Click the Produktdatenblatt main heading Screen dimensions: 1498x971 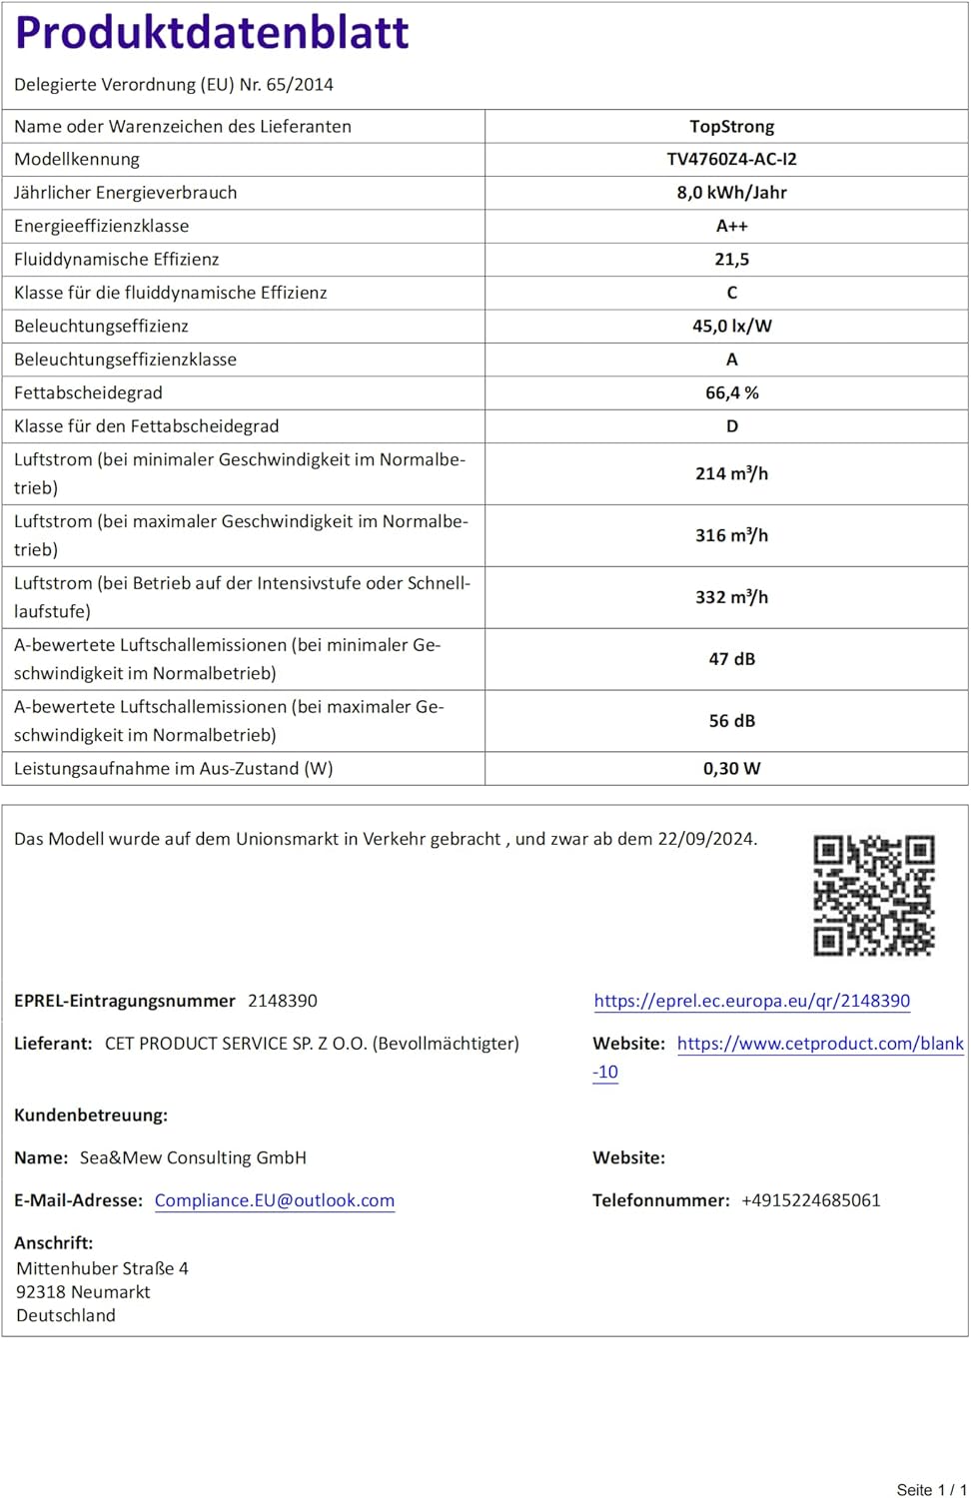[212, 33]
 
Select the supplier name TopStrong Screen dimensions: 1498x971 [731, 127]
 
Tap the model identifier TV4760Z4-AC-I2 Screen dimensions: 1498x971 [731, 160]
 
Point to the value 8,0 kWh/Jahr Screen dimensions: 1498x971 [731, 193]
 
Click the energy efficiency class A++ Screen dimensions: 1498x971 [731, 227]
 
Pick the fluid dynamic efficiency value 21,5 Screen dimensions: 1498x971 [731, 260]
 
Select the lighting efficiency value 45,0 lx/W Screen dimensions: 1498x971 [731, 327]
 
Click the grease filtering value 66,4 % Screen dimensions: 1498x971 [731, 393]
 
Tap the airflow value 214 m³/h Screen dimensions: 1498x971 [731, 473]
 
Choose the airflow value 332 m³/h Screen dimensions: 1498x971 [731, 597]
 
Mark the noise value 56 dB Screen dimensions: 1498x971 [731, 721]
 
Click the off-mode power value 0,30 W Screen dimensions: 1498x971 [731, 769]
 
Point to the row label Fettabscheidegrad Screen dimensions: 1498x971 [88, 393]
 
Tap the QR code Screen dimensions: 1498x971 [874, 896]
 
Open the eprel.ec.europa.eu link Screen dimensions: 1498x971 [751, 1001]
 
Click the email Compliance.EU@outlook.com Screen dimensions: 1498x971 [275, 1200]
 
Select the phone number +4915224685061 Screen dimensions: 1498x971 [810, 1200]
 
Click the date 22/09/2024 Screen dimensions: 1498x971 [705, 839]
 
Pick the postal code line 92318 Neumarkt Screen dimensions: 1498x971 [83, 1292]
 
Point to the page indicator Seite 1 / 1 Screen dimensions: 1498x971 [931, 1489]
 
